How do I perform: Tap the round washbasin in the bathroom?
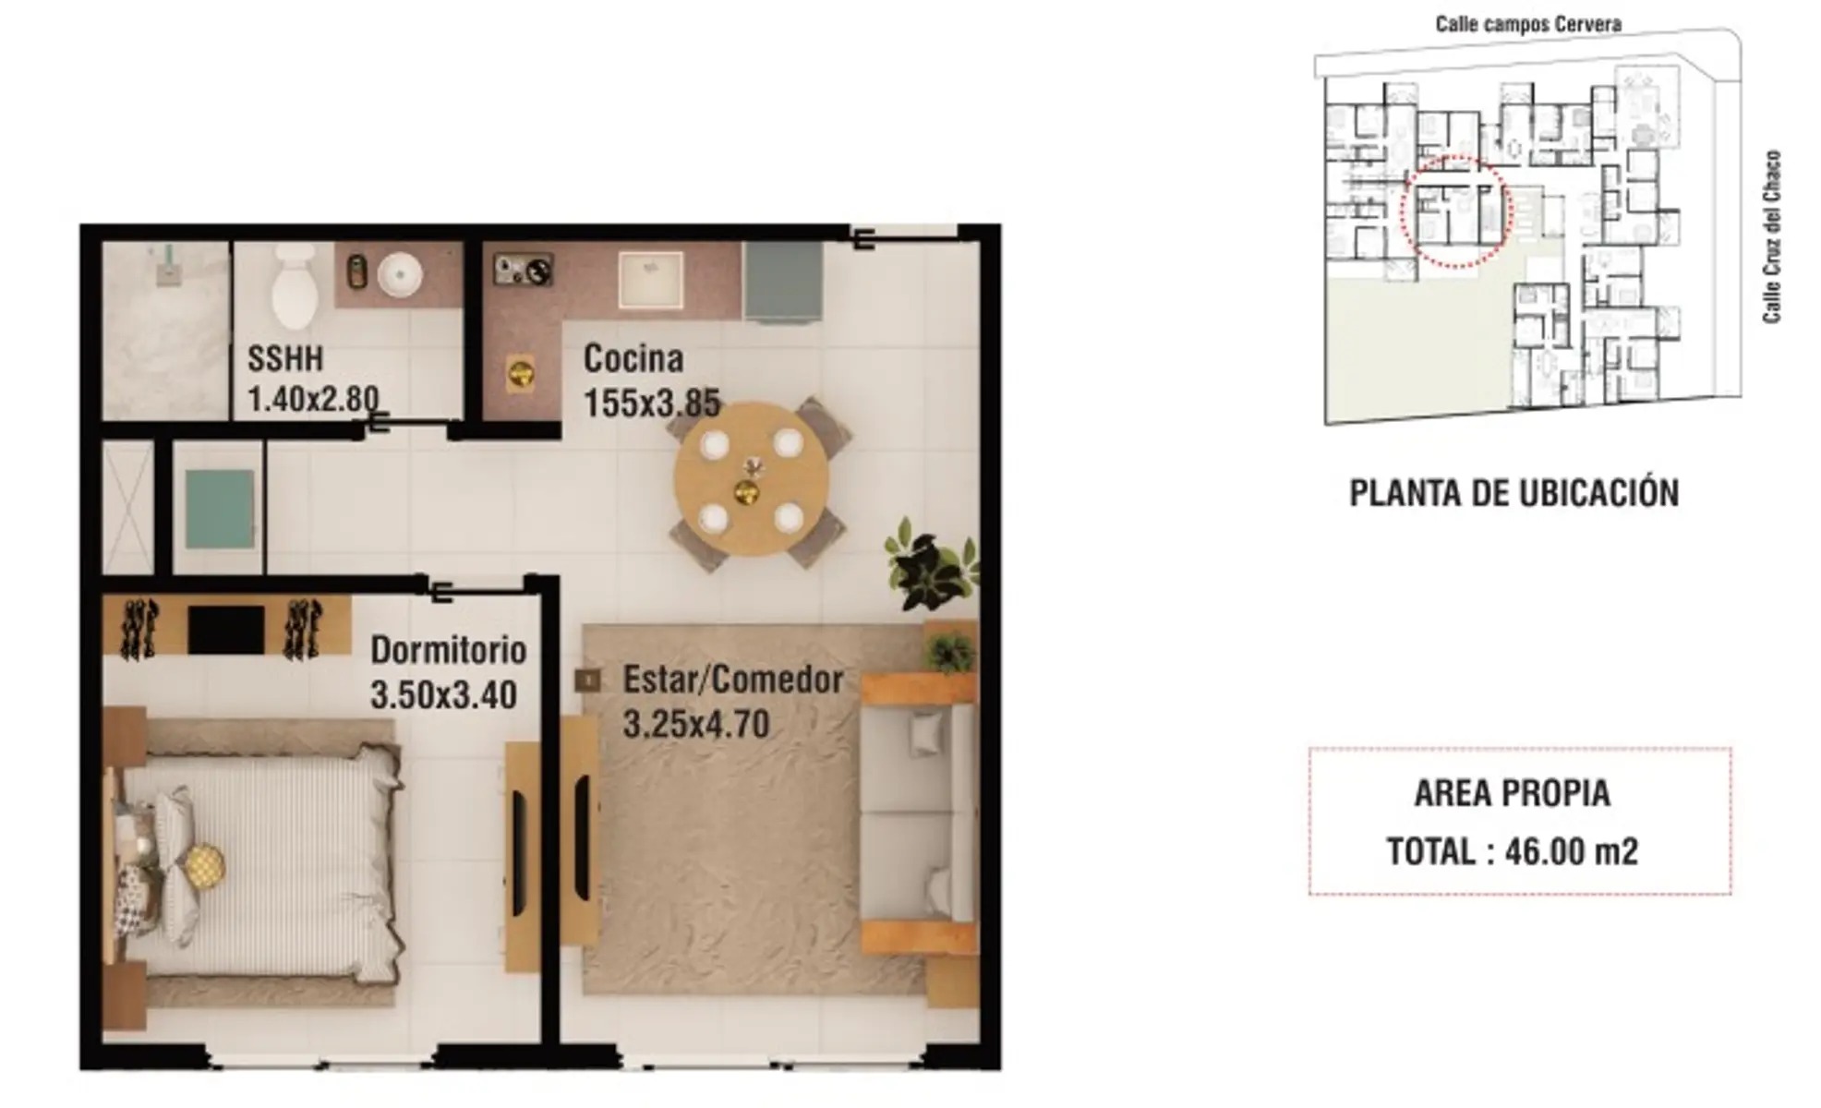click(400, 274)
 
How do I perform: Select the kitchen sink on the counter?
click(651, 279)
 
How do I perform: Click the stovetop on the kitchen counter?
click(523, 270)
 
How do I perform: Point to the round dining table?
click(751, 478)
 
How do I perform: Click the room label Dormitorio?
click(449, 651)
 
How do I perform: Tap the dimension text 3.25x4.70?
click(696, 724)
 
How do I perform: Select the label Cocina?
click(633, 358)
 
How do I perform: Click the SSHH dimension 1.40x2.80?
click(313, 400)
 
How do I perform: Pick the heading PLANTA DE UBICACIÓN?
click(1514, 493)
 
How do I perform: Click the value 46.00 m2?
click(1572, 851)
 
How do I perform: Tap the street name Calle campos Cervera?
click(1528, 24)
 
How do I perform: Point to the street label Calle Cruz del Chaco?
click(1771, 237)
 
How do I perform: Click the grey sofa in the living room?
click(918, 813)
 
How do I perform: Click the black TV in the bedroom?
click(226, 631)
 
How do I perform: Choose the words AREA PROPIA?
click(1513, 793)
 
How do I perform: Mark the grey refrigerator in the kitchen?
click(783, 283)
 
